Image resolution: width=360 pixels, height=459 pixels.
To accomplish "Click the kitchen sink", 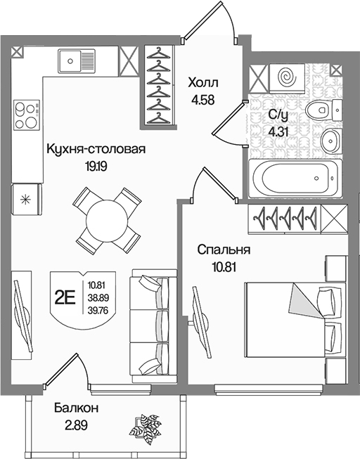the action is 77,61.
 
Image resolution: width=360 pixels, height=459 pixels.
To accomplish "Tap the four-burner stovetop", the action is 27,115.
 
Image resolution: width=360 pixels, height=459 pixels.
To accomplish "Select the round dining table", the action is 107,220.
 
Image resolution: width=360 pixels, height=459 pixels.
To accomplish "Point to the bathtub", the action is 295,179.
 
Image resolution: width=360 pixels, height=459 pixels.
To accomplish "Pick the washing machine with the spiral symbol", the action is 288,79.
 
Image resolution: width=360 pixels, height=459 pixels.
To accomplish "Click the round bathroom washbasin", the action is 330,141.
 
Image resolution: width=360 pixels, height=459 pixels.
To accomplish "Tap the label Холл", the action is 203,83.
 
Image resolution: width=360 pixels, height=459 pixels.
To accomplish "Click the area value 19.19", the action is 96,167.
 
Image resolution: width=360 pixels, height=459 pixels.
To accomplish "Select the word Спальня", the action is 224,250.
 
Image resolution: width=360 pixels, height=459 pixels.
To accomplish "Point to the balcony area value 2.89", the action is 76,425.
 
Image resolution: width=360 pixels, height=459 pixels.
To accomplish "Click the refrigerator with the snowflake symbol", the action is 27,200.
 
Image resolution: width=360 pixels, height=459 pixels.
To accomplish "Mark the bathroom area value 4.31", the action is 278,132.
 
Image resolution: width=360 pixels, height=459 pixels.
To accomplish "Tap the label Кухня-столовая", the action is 96,149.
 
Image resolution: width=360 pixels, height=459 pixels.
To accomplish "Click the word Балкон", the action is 76,408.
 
